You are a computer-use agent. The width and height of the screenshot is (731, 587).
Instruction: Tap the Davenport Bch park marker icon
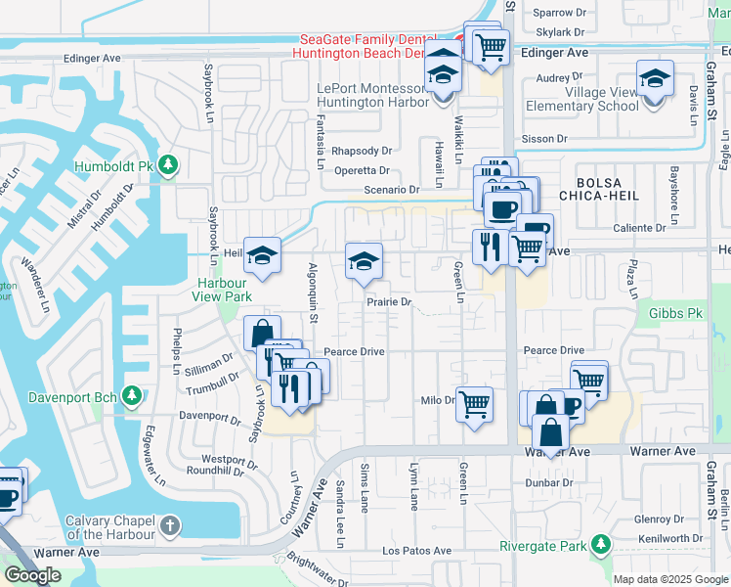coord(133,396)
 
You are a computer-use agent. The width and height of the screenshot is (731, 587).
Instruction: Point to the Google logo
coord(32,575)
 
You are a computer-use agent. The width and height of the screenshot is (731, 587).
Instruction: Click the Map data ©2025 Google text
coord(671,578)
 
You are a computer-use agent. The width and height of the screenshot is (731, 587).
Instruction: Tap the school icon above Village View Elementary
coord(655,77)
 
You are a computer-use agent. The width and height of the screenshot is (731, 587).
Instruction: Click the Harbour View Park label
coord(219,290)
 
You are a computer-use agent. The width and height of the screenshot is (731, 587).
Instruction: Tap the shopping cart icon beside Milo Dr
coord(474,402)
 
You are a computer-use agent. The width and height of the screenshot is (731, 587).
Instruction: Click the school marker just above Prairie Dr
coord(363,261)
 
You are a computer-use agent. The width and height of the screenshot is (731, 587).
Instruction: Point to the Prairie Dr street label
coord(389,302)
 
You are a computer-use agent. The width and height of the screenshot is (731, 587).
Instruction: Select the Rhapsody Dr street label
coord(361,151)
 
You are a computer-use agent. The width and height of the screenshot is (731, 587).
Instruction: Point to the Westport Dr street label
coord(229,459)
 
